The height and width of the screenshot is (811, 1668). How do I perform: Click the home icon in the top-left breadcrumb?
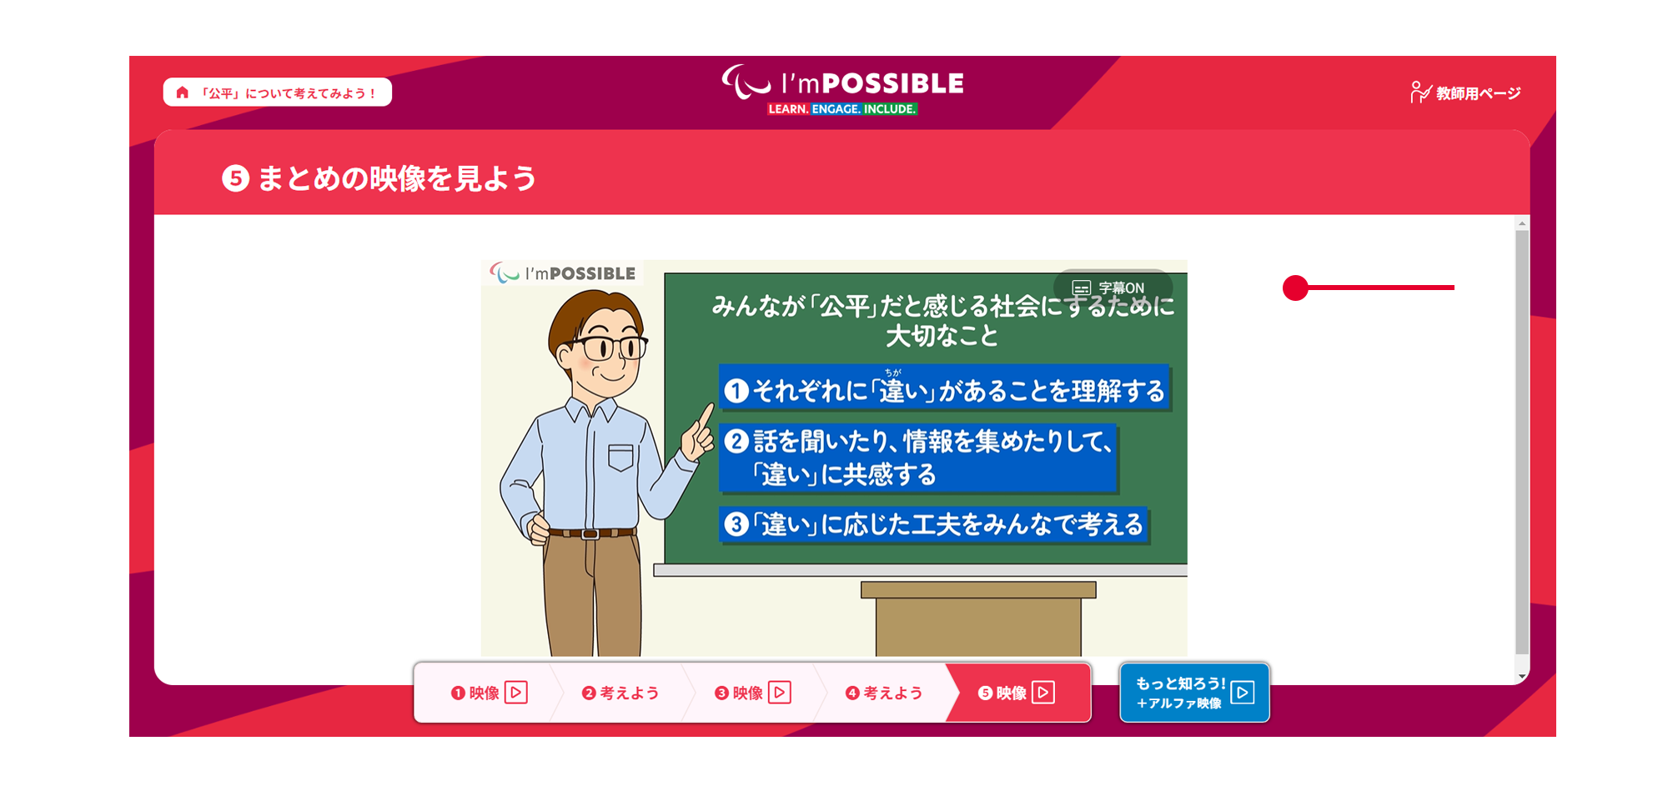183,93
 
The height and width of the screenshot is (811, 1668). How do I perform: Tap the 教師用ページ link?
1465,93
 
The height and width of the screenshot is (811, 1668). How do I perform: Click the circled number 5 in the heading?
235,178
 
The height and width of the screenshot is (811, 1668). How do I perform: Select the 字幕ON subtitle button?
1113,288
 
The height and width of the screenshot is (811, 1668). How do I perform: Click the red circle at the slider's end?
1295,288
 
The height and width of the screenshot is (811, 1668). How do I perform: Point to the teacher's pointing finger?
706,415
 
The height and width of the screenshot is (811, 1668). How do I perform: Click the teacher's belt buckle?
590,533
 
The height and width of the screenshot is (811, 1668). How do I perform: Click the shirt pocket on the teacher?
620,458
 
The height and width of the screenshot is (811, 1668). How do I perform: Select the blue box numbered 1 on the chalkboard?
945,388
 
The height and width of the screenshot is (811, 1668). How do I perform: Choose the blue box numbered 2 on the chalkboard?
918,459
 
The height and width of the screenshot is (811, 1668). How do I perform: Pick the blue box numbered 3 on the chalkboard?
934,525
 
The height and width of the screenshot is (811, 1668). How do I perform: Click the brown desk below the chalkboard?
978,618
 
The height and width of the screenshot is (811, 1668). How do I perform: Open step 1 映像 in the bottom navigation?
489,693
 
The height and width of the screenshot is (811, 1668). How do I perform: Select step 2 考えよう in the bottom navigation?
620,693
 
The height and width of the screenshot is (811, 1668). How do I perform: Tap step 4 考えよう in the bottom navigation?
883,693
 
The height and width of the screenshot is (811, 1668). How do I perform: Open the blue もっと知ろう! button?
1194,693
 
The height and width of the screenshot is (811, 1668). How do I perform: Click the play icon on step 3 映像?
780,693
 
